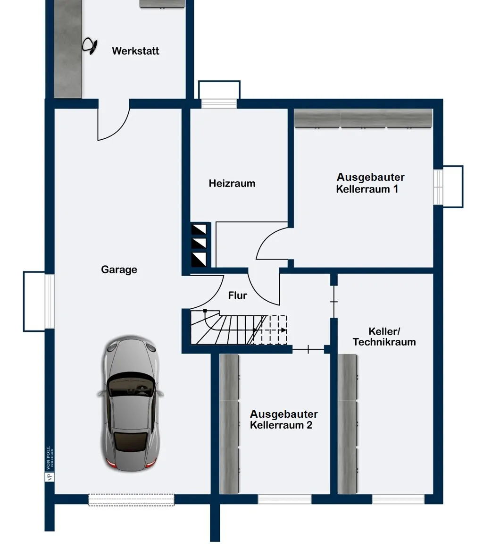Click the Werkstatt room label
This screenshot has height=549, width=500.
[x=135, y=51]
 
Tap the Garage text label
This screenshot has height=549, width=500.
[x=119, y=270]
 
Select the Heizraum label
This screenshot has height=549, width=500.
[x=232, y=183]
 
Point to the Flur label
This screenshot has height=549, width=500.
[x=237, y=296]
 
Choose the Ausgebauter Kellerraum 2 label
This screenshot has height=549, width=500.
[x=283, y=419]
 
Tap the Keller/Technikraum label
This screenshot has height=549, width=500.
[x=384, y=337]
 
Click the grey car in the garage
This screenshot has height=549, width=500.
[x=131, y=404]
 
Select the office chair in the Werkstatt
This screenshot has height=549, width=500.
[x=90, y=45]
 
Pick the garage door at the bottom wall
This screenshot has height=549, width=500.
[x=131, y=500]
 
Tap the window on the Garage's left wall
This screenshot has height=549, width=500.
[x=49, y=301]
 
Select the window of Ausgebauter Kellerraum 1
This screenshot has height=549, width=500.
[x=439, y=186]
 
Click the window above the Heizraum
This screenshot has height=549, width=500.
[x=219, y=103]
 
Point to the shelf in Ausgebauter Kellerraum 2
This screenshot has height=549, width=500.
[x=230, y=423]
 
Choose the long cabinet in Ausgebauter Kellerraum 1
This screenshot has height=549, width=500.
[x=363, y=118]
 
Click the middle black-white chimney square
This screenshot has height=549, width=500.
[x=199, y=244]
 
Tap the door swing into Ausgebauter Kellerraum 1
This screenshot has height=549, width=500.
[x=273, y=244]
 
